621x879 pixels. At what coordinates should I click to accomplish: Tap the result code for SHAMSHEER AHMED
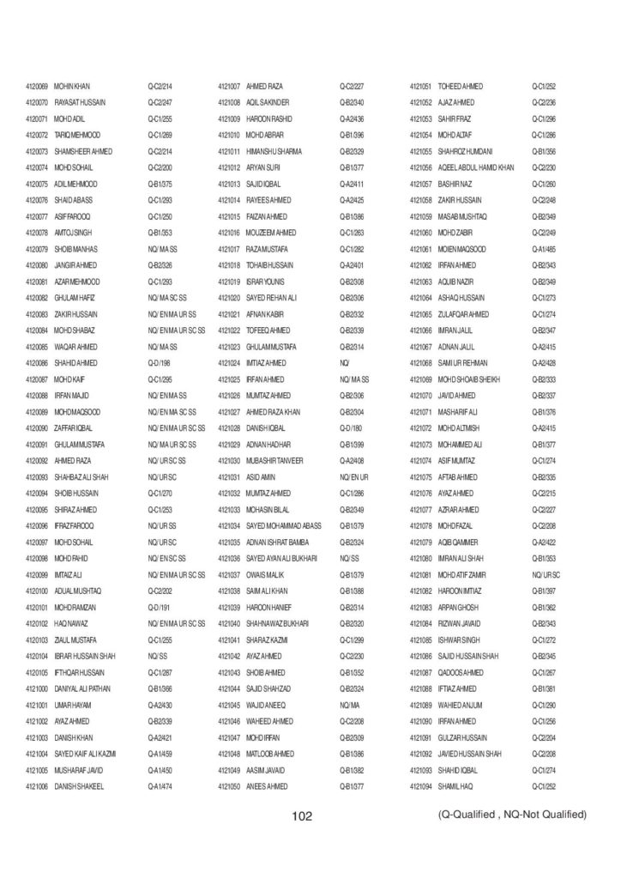160,151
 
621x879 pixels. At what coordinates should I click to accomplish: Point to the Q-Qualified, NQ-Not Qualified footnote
511,815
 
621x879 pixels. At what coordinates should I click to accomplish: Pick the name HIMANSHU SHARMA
274,151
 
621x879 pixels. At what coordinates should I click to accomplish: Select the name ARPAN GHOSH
461,607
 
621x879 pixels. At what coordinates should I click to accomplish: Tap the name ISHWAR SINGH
461,640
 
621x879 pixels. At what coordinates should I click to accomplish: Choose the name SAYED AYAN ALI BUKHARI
283,558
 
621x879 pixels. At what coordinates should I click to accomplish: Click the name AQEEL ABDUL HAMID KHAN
476,167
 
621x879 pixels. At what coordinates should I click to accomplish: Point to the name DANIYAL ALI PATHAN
82,688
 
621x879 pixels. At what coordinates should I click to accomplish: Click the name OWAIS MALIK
266,574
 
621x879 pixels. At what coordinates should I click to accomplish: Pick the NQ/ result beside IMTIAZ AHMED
344,363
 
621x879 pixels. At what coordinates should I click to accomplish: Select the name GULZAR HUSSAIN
462,737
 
